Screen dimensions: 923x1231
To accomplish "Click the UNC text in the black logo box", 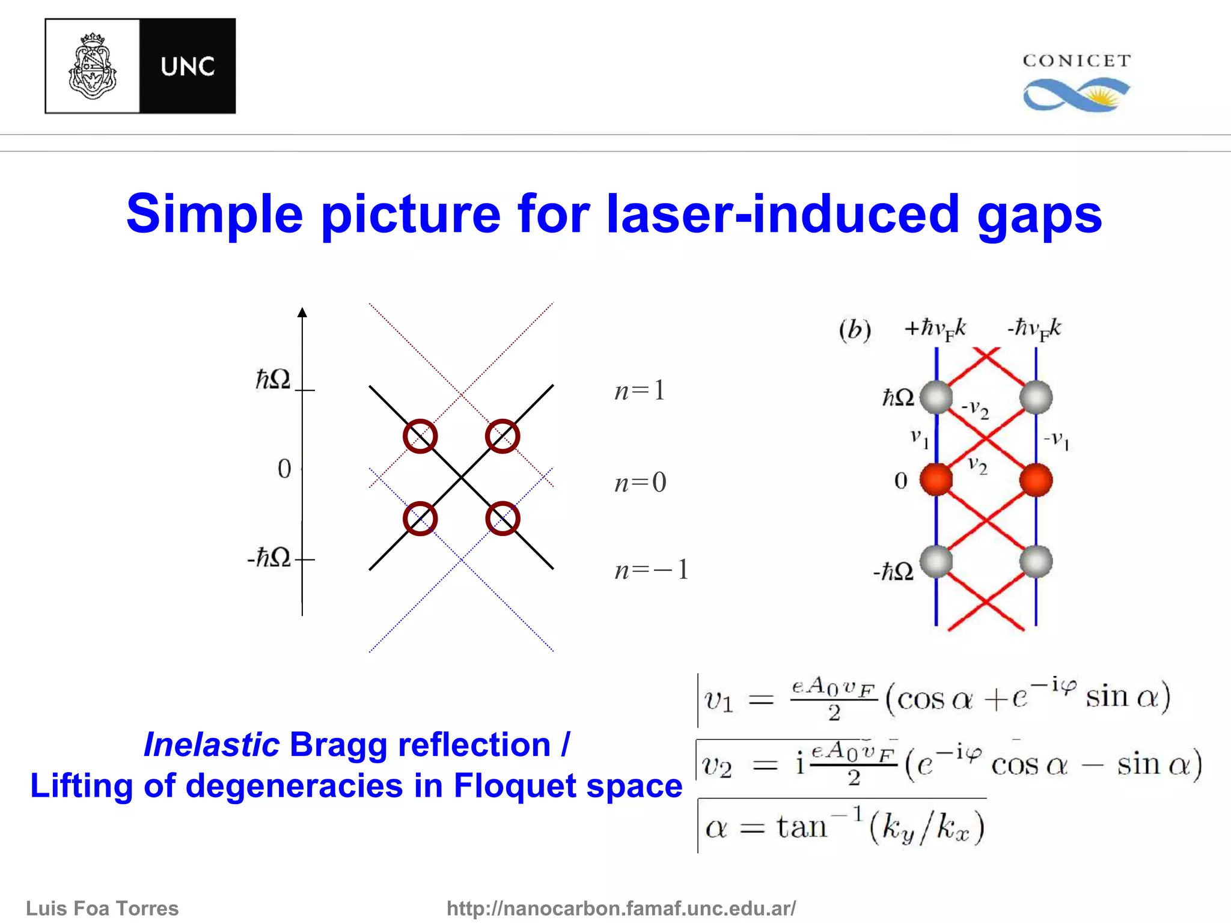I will [188, 66].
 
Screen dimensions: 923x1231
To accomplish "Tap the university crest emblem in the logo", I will [92, 66].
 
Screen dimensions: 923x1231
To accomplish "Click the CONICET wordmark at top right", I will [1077, 61].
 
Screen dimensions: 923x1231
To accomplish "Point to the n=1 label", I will [640, 391].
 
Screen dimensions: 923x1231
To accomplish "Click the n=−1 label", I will [651, 569].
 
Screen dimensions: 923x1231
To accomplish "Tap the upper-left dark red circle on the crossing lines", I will [420, 436].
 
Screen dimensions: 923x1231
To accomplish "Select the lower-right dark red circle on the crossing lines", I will [502, 518].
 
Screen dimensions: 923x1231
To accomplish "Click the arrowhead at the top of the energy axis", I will [302, 312].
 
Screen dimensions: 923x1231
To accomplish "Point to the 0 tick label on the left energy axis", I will [284, 469].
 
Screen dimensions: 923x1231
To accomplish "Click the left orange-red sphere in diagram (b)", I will [936, 480].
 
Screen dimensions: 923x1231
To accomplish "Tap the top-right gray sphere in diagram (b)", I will [1036, 397].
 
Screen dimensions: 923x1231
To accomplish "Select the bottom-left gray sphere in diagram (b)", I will [936, 562].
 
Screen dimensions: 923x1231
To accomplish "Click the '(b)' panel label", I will [855, 329].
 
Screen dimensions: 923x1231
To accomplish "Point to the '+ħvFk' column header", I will [935, 329].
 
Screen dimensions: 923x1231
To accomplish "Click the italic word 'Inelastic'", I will [212, 745].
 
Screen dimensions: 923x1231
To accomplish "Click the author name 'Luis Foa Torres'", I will [102, 908].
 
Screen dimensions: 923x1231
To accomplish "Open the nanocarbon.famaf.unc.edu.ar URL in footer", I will [621, 908].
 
